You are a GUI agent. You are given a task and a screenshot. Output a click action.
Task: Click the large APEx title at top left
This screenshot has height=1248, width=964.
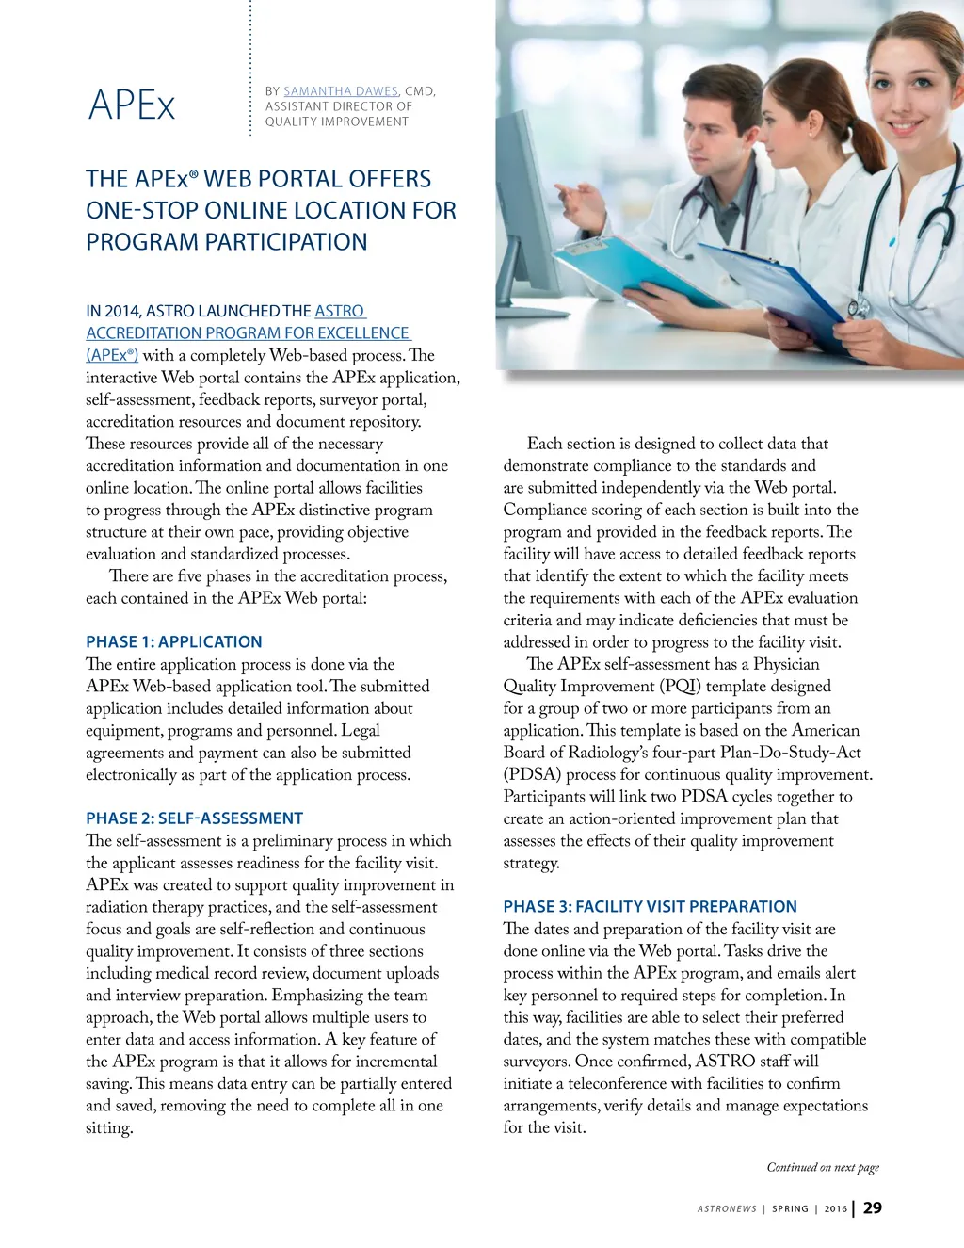[132, 105]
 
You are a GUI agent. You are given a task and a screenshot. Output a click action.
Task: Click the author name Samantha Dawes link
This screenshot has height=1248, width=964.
[341, 91]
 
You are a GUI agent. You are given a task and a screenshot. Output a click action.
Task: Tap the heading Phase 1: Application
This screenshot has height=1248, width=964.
[174, 641]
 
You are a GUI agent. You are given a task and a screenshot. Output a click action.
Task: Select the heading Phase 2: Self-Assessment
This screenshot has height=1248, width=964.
[194, 818]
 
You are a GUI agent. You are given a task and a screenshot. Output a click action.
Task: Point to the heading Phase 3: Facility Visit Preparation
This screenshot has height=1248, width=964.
[650, 906]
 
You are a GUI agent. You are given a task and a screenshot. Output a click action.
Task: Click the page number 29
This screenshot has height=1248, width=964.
[873, 1207]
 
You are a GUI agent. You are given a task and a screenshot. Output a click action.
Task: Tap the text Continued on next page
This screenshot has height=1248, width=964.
[823, 1167]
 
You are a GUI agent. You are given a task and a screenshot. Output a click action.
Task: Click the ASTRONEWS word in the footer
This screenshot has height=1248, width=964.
[727, 1208]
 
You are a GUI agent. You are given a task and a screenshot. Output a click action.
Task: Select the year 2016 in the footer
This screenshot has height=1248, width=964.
[836, 1208]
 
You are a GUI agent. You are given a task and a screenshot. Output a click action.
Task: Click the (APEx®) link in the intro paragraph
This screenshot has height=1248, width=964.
[112, 355]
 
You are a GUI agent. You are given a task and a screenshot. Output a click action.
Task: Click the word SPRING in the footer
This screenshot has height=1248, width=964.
[790, 1208]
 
